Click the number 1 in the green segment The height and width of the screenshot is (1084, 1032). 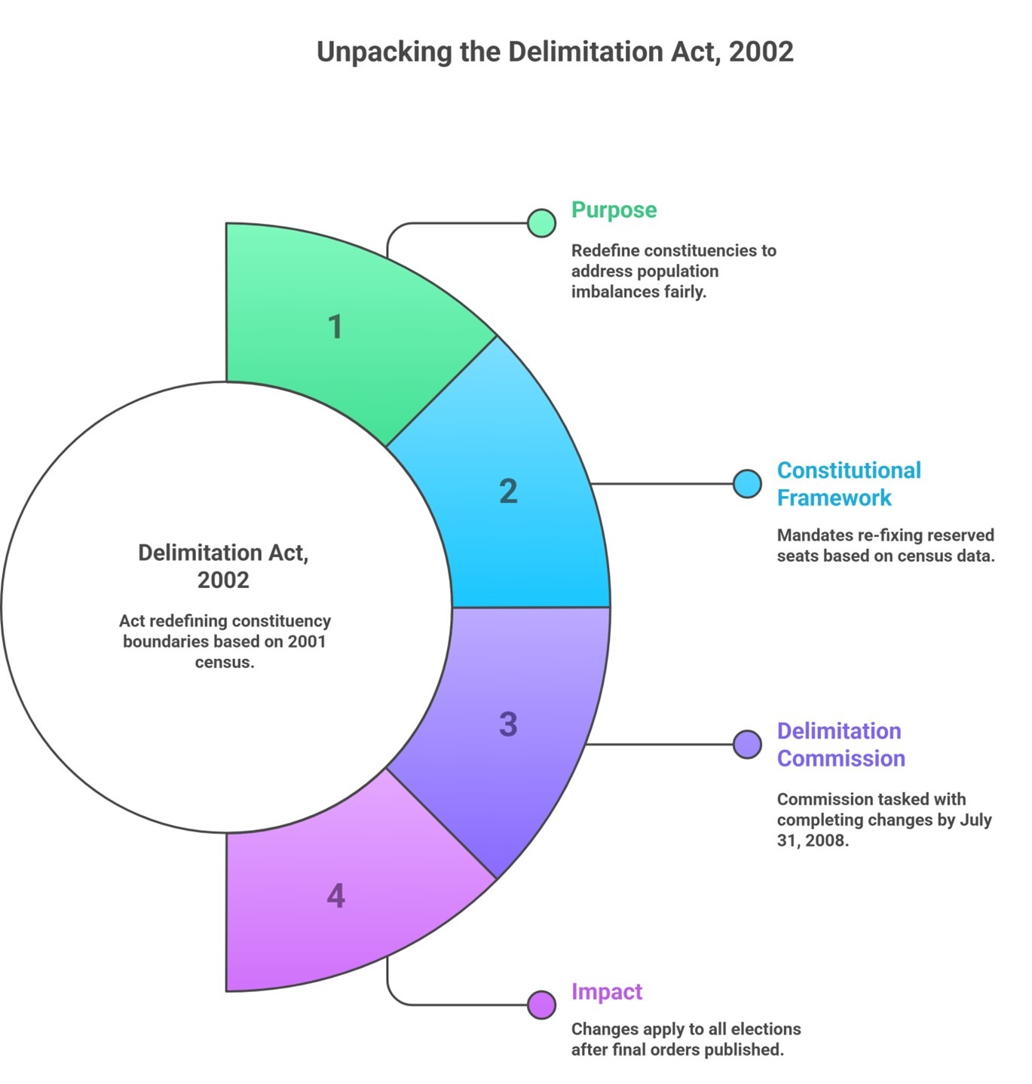click(x=335, y=326)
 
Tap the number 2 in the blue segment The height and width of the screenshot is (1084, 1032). click(x=508, y=491)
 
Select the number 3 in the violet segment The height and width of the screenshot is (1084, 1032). click(x=508, y=724)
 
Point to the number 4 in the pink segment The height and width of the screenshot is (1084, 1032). click(x=335, y=896)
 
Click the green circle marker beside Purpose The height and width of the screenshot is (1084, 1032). click(x=541, y=223)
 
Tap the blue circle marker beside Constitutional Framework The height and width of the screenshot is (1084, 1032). click(x=747, y=484)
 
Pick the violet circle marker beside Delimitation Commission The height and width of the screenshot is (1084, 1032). click(x=747, y=744)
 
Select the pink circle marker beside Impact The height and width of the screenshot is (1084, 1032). click(x=541, y=1005)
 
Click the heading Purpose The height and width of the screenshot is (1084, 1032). click(x=614, y=210)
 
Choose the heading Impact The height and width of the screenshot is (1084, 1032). click(x=607, y=992)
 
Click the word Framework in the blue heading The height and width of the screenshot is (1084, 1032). click(x=834, y=498)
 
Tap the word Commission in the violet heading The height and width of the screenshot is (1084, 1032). click(x=841, y=758)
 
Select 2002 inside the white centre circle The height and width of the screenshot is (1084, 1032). click(x=223, y=580)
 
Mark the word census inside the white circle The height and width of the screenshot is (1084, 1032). click(x=225, y=662)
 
